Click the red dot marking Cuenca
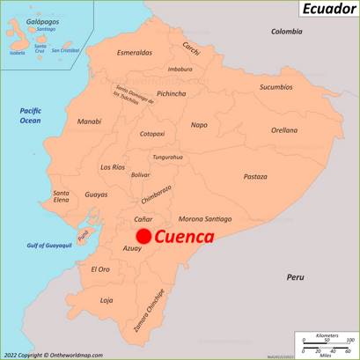click(143, 235)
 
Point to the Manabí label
click(89, 121)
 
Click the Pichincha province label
click(171, 93)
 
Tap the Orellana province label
click(283, 129)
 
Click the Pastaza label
click(255, 176)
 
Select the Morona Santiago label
click(205, 218)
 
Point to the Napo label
click(200, 124)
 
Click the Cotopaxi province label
click(152, 135)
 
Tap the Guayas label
click(96, 195)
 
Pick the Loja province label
click(107, 300)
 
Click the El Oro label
click(100, 268)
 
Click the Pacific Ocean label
click(31, 114)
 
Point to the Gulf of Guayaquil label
click(49, 245)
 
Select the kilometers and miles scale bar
click(326, 344)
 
